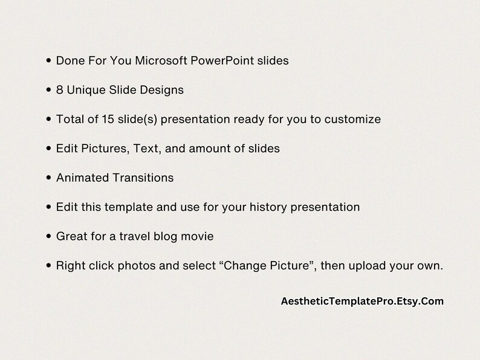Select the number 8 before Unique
[59, 91]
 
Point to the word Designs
[163, 91]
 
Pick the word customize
[352, 120]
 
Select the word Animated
[82, 178]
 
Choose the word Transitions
[143, 178]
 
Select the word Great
[71, 236]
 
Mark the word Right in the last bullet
[70, 266]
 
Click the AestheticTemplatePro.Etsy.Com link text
[363, 300]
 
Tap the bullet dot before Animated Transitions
[48, 178]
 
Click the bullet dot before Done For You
[48, 61]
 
